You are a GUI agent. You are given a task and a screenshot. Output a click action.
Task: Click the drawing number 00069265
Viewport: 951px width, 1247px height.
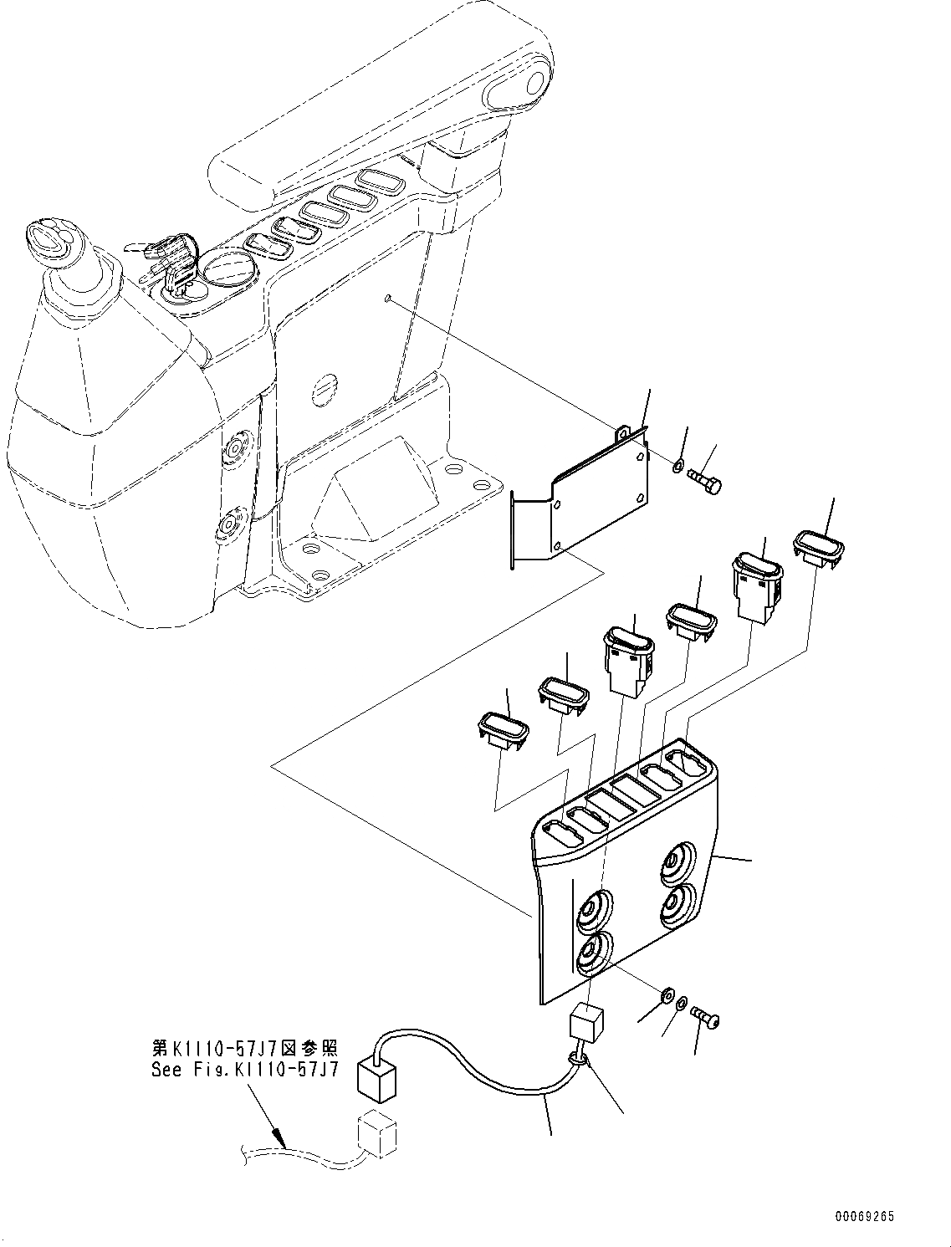[x=864, y=1216]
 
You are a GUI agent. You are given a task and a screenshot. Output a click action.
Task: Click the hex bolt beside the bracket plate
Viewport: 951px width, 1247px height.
[x=707, y=481]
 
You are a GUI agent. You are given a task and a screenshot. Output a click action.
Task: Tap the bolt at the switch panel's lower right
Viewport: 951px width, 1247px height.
[x=708, y=1018]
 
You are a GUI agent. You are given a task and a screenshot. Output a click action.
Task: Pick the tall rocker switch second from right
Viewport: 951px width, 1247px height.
[x=759, y=584]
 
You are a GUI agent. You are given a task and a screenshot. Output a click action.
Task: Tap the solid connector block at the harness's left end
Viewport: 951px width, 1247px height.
[x=376, y=1077]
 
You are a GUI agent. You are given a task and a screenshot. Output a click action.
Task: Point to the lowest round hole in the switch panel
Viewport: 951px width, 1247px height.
[x=593, y=953]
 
